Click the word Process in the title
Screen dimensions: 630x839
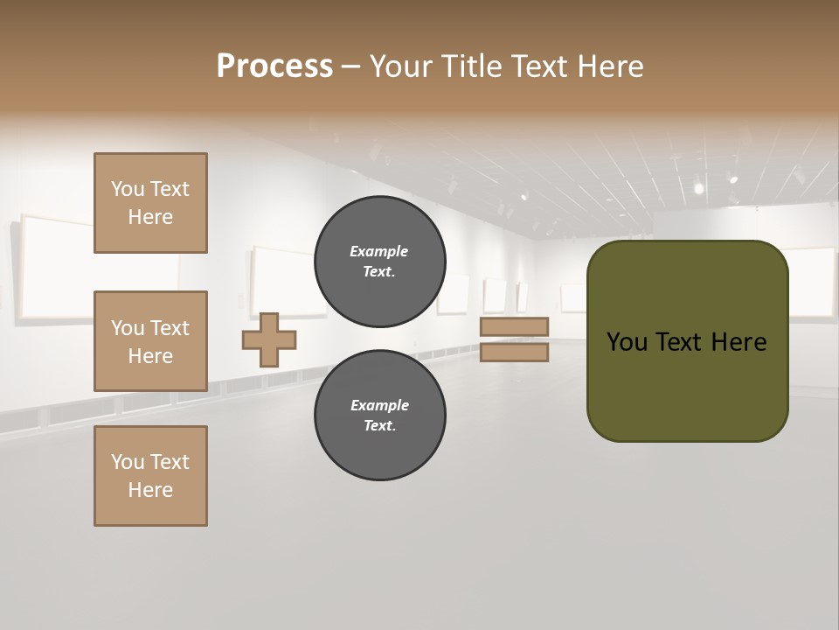coord(274,66)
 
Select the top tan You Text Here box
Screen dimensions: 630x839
coord(150,203)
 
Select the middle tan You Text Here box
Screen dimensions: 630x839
coord(150,341)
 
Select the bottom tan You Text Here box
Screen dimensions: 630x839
coord(150,476)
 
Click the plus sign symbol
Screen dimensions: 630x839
coord(269,339)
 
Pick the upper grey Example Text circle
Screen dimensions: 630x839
coord(379,262)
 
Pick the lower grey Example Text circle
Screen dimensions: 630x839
coord(379,416)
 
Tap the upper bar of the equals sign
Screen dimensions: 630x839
coord(514,326)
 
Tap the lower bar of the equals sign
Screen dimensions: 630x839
coord(514,352)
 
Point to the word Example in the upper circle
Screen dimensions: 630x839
coord(379,251)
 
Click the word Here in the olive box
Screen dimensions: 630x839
coord(738,342)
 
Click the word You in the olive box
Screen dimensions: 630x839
coord(627,342)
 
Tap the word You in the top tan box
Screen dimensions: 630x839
coord(128,189)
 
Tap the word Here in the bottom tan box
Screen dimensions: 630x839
coord(150,490)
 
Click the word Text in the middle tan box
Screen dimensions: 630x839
coord(170,328)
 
